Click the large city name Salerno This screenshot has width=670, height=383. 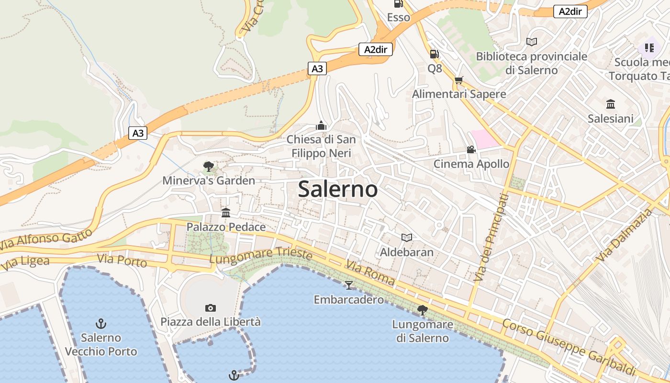[338, 190]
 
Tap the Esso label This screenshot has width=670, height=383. [398, 18]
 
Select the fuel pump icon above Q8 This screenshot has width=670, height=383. [434, 54]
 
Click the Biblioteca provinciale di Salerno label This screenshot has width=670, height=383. [531, 63]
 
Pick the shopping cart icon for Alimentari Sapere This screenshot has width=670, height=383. [459, 80]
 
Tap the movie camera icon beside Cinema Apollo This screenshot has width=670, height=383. [471, 149]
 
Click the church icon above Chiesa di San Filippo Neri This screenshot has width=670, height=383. [321, 126]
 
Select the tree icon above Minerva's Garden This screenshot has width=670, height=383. [208, 167]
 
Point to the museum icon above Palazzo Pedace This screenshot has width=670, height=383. [226, 213]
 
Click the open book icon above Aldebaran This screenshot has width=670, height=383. [406, 237]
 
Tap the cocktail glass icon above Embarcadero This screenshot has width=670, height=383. [348, 285]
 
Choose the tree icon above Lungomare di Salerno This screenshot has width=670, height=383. [422, 310]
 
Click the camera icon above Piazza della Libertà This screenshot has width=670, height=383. [210, 307]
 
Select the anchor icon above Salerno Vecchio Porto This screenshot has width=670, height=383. [100, 324]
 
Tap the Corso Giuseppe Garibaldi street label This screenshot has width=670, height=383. [569, 347]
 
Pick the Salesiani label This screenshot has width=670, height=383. [610, 119]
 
